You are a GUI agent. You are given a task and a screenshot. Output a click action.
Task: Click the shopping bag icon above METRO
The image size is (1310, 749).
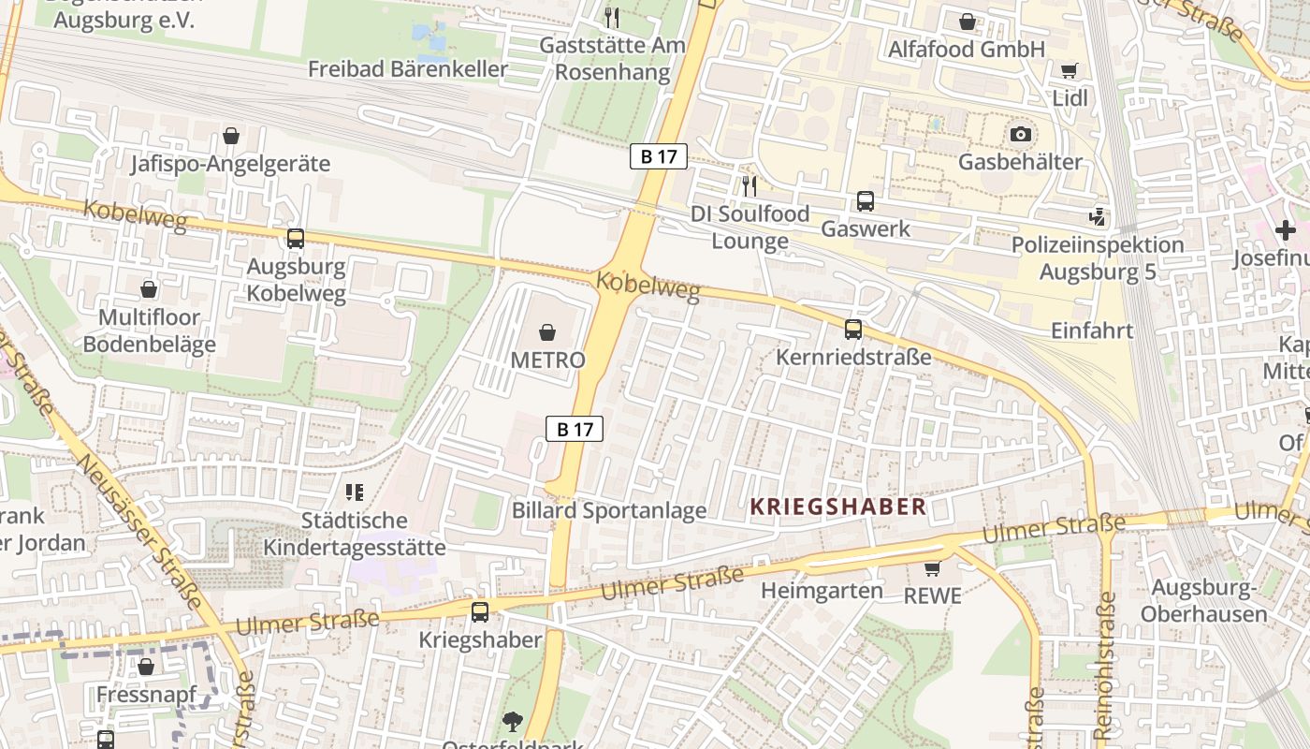tap(547, 332)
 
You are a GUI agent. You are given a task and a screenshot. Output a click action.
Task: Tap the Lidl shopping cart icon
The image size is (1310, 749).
tap(1069, 71)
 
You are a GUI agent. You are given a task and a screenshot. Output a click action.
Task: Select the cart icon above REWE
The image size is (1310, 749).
tap(932, 568)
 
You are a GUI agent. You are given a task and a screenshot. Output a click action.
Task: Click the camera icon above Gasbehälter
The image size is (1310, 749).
tap(1021, 135)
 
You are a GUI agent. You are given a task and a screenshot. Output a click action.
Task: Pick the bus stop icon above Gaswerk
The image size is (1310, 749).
tap(866, 201)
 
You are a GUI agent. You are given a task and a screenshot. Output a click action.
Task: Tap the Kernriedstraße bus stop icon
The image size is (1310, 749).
tap(853, 330)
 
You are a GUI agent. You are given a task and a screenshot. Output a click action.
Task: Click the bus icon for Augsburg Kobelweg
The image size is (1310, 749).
tap(296, 239)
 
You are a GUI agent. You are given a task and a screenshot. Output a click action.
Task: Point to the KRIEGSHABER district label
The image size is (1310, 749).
tap(838, 507)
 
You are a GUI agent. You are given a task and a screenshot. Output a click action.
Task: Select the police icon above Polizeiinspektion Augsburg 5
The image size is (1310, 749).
tap(1098, 217)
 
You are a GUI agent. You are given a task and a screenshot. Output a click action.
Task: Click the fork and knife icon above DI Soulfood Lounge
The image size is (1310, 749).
tap(749, 185)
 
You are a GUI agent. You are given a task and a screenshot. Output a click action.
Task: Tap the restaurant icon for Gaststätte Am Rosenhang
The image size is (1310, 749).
tap(611, 17)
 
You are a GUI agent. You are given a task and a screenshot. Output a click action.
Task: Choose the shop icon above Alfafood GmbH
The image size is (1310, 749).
tap(967, 21)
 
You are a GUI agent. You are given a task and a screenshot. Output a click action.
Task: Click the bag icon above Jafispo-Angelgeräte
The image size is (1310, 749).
tap(231, 137)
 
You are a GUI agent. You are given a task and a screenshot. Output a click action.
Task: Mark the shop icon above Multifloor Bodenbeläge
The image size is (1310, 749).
tap(148, 289)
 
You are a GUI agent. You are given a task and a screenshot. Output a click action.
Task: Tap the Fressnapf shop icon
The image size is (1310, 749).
tap(145, 668)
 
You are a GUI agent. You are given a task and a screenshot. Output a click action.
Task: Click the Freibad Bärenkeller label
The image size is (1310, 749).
tap(408, 69)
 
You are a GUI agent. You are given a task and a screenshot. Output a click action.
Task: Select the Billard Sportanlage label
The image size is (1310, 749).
tap(609, 511)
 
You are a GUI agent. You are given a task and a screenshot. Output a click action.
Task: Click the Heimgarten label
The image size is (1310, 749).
tap(822, 591)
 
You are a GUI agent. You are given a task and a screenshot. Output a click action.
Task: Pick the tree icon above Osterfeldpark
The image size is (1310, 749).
tap(512, 721)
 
